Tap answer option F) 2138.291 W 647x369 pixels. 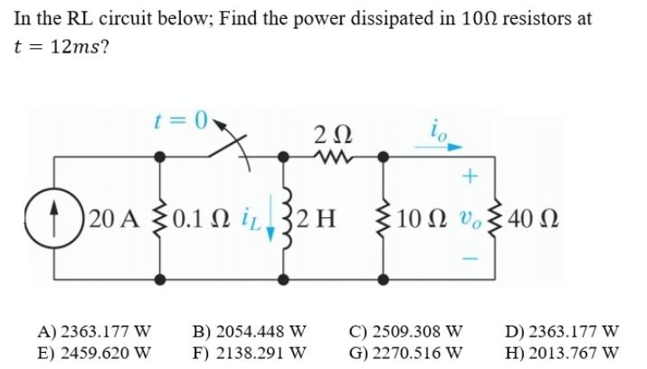pos(251,351)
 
